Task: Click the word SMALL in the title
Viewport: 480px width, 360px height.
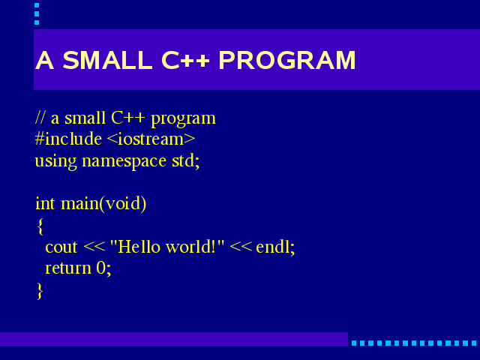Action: (x=107, y=60)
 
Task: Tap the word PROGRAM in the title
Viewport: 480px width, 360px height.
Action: (x=287, y=60)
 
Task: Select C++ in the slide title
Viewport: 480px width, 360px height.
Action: (x=185, y=60)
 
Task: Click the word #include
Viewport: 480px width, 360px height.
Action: (x=68, y=139)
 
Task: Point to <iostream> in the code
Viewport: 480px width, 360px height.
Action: (x=151, y=139)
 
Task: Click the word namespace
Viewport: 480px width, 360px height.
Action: (x=124, y=161)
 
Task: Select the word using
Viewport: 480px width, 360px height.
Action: (x=55, y=161)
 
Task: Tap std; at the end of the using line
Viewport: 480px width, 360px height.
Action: (x=186, y=160)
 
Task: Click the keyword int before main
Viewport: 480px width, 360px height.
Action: (x=45, y=203)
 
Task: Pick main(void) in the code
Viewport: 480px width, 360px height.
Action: (x=103, y=204)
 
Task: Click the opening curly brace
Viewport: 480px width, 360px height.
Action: (x=40, y=226)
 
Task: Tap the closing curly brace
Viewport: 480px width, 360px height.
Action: (x=40, y=291)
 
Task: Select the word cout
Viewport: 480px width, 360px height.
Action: (x=61, y=247)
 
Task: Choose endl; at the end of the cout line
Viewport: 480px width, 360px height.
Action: (x=275, y=247)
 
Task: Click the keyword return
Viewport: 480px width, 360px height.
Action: (x=68, y=268)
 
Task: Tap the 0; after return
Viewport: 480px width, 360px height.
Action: (x=103, y=268)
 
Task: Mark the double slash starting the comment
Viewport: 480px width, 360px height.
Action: (x=40, y=117)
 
